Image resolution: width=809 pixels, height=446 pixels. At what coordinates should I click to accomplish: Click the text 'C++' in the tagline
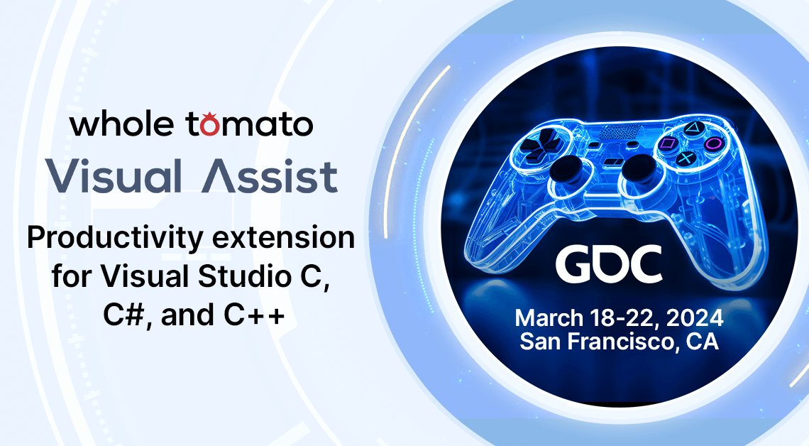click(x=254, y=315)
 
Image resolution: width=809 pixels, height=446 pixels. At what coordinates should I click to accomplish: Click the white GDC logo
click(x=609, y=263)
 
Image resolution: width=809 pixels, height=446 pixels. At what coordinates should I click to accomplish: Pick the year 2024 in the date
click(x=695, y=318)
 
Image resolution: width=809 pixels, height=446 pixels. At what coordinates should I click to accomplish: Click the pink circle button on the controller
click(x=713, y=143)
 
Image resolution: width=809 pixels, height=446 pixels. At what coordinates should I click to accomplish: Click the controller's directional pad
click(x=538, y=143)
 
